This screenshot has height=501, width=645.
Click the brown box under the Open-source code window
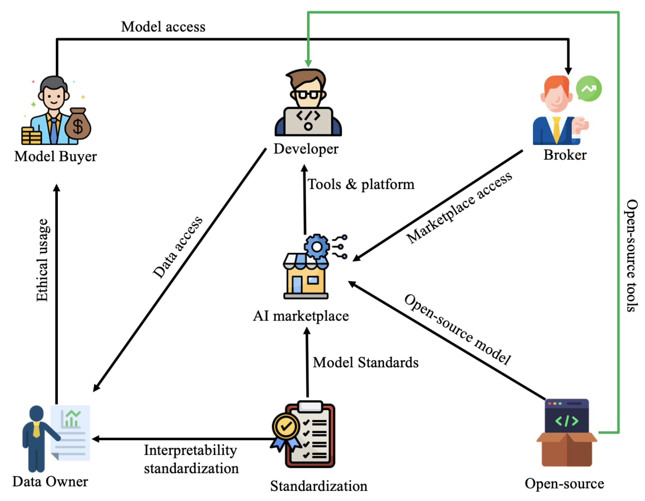[567, 450]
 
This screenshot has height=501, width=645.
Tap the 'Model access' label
[163, 27]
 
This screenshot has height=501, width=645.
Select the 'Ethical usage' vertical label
[42, 260]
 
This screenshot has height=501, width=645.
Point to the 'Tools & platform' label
[361, 184]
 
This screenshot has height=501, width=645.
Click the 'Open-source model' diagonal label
[458, 329]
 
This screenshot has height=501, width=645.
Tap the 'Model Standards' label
[365, 362]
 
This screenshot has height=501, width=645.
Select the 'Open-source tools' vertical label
[631, 255]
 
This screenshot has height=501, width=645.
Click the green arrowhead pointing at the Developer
[308, 63]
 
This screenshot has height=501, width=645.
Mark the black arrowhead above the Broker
[568, 71]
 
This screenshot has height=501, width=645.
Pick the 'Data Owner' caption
[50, 481]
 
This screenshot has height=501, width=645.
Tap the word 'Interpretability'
[190, 450]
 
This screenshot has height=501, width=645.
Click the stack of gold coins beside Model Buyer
[31, 136]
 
